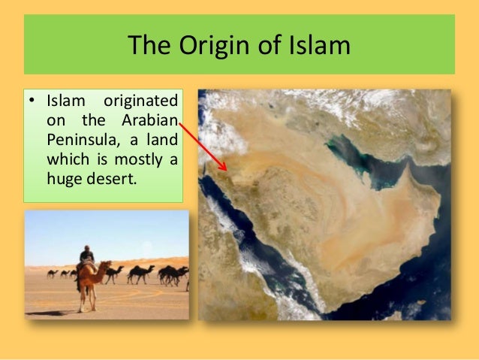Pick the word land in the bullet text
[161, 141]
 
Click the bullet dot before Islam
[32, 101]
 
